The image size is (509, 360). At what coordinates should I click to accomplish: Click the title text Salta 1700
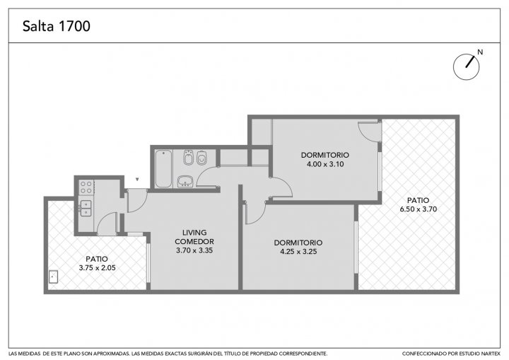point(56,26)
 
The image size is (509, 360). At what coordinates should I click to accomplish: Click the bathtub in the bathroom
point(163,168)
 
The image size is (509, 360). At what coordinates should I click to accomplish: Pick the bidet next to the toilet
point(188,158)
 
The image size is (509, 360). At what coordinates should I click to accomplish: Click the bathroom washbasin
point(185,181)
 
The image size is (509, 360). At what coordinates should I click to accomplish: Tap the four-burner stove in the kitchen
point(86,187)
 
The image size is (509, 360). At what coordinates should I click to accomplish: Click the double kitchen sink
point(86,208)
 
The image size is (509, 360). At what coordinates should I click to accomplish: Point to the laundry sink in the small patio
point(53,277)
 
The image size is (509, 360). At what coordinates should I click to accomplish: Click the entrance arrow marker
point(137,179)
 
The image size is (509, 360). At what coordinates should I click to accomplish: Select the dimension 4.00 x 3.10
point(325,164)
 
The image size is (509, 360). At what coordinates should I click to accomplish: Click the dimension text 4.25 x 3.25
point(298,252)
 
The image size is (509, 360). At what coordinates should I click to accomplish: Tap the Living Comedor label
point(194,237)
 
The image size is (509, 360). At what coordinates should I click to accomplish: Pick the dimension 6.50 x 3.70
point(418,209)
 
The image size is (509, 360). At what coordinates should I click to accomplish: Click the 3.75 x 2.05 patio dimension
point(98,268)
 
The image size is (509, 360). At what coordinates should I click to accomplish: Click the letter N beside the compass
point(480,52)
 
